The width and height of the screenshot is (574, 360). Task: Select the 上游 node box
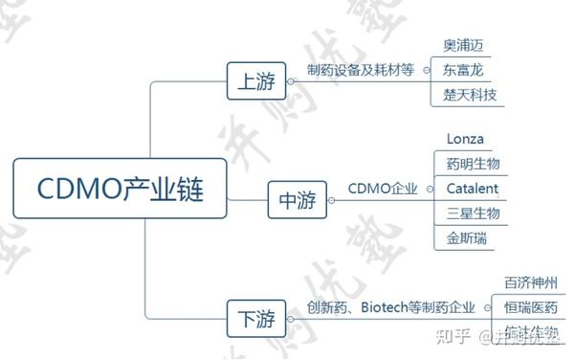point(254,81)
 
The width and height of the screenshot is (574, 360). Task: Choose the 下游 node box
point(254,318)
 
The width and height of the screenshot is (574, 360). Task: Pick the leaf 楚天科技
point(470,95)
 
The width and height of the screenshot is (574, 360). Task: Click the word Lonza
point(466,139)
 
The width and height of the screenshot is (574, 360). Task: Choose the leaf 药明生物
point(473,164)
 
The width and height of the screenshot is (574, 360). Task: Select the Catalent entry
point(472,189)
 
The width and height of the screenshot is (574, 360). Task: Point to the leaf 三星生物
point(473,213)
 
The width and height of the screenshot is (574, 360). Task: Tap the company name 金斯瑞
point(466,237)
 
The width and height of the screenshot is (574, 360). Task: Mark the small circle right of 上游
point(290,81)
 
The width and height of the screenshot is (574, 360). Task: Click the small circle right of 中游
point(330,201)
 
